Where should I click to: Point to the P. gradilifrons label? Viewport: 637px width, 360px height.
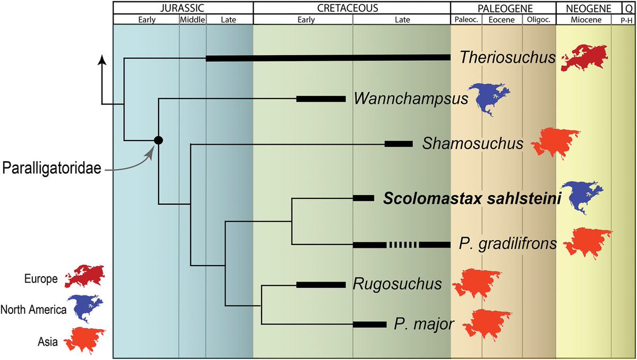click(506, 244)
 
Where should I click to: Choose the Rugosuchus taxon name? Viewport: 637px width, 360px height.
click(397, 284)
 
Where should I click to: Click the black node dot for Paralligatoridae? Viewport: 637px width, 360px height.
click(158, 140)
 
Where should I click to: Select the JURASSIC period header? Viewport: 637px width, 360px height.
click(183, 8)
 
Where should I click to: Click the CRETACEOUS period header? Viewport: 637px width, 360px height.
click(351, 8)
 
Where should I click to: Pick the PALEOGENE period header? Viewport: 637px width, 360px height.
click(502, 8)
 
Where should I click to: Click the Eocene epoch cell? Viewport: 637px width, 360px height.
click(502, 20)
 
